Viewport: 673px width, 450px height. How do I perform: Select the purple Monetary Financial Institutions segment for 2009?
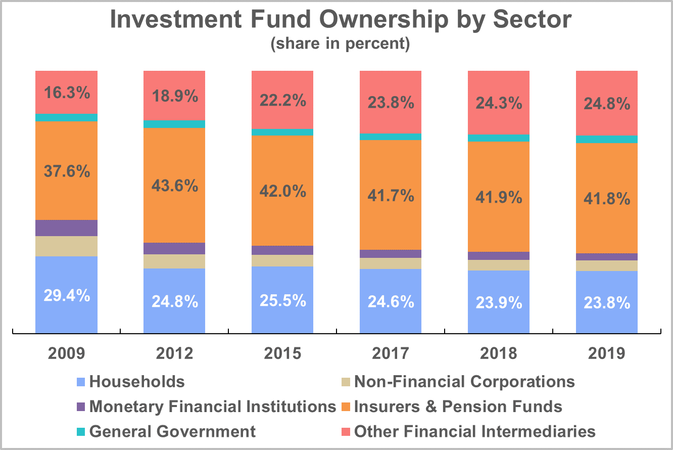(x=66, y=228)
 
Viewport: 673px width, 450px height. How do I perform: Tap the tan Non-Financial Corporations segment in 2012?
(x=174, y=261)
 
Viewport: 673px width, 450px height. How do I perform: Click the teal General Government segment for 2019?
(x=607, y=139)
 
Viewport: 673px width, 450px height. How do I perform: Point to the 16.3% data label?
(x=66, y=93)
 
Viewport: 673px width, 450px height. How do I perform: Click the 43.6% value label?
(x=174, y=186)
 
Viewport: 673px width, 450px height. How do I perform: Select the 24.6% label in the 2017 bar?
(x=391, y=302)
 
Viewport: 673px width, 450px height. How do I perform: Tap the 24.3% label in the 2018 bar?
(x=499, y=103)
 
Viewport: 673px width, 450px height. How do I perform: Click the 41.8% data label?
(x=607, y=199)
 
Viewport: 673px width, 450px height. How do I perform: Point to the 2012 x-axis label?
(x=174, y=353)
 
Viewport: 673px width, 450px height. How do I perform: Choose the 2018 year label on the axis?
(x=499, y=353)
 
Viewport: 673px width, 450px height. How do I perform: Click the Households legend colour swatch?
(x=80, y=381)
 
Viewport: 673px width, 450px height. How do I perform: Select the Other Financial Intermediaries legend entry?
(x=474, y=431)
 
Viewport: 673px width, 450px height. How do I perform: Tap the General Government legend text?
(x=172, y=431)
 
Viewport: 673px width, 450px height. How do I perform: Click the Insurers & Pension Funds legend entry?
(x=458, y=406)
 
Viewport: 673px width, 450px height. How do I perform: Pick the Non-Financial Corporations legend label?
(x=464, y=381)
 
